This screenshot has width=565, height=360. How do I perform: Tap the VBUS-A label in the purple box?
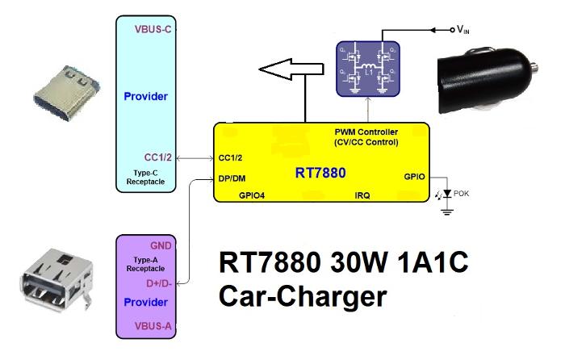154,325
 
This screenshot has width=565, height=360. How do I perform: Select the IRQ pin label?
362,195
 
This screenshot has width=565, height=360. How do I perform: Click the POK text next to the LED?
462,193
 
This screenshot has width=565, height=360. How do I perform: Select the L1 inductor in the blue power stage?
368,72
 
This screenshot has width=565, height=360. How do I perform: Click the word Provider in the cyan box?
146,97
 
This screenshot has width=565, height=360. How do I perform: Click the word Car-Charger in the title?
301,297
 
